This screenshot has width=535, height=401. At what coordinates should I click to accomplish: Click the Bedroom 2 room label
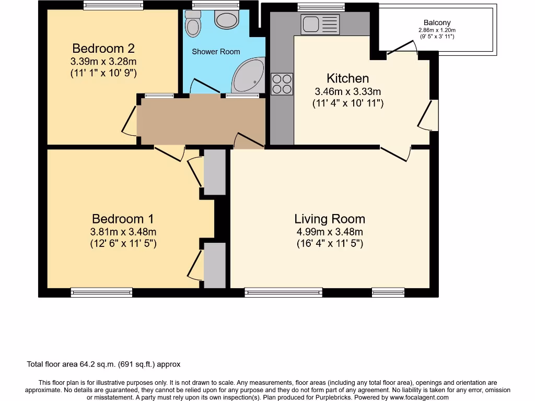[103, 49]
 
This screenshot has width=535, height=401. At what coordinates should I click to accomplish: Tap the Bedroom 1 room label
[123, 219]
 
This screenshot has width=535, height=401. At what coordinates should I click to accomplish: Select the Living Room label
[330, 219]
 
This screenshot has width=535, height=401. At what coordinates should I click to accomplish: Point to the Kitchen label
[347, 78]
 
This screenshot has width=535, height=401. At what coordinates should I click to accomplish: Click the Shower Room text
[216, 52]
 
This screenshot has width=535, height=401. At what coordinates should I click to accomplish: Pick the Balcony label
[437, 23]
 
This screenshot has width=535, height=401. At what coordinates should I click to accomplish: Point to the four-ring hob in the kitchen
[282, 84]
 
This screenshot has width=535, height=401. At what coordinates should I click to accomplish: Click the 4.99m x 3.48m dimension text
[330, 232]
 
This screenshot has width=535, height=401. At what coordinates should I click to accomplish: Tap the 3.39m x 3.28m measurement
[103, 62]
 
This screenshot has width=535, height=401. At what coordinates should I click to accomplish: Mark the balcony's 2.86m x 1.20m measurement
[437, 30]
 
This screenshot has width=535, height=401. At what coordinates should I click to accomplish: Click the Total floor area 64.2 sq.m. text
[103, 364]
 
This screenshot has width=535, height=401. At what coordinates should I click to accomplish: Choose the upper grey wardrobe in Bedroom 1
[214, 172]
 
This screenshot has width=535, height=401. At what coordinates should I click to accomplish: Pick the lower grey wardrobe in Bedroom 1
[214, 265]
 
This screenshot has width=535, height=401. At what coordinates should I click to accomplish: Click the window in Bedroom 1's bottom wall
[101, 292]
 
